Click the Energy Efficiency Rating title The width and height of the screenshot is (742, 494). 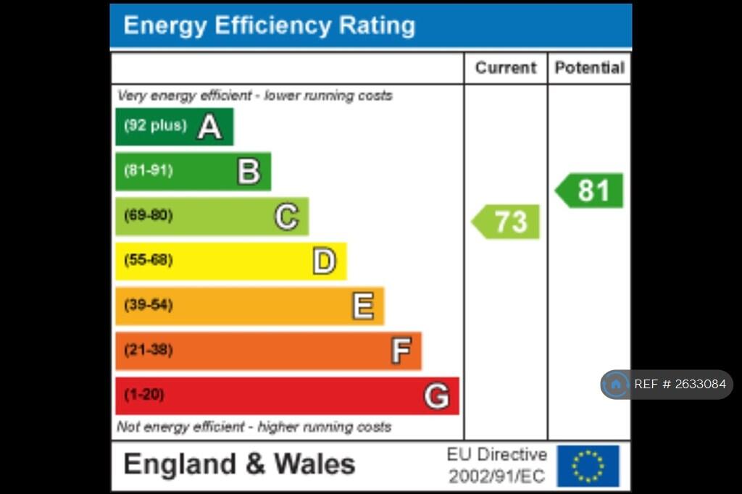tap(269, 25)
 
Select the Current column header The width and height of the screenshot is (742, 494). tap(505, 68)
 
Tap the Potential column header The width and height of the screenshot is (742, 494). tap(589, 68)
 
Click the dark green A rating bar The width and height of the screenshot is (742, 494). tap(174, 127)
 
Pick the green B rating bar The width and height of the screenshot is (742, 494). tap(193, 172)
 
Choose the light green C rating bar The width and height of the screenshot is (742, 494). tap(212, 217)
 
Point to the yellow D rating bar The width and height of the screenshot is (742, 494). tap(230, 261)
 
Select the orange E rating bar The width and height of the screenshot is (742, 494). tap(249, 306)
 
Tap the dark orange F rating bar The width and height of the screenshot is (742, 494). tap(268, 351)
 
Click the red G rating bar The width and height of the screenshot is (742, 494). tap(287, 395)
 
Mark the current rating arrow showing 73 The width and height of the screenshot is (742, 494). tap(507, 222)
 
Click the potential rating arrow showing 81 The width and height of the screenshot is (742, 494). tap(591, 191)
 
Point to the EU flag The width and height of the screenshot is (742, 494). tap(588, 466)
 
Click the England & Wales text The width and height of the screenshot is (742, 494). tap(239, 464)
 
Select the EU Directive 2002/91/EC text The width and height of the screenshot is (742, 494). tap(496, 466)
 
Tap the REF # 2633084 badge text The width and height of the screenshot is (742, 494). tap(679, 385)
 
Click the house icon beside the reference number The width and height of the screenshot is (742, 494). tap(616, 385)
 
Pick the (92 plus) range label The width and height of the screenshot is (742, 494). tap(155, 125)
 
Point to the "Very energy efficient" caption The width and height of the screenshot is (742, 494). tap(254, 96)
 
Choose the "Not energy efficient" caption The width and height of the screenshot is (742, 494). tap(254, 427)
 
